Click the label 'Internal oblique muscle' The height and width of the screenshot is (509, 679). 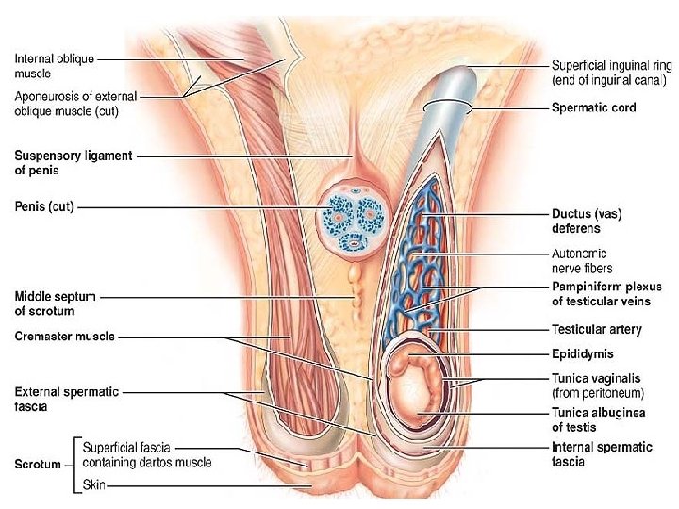(x=54, y=66)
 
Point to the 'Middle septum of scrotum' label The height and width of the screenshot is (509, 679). (x=55, y=304)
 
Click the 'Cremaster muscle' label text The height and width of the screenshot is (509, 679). (x=65, y=337)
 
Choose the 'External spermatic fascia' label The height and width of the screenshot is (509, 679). (x=67, y=399)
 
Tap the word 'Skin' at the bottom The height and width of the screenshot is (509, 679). (x=95, y=484)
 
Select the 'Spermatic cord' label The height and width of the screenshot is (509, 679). (x=593, y=108)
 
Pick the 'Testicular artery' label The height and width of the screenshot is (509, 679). (x=596, y=330)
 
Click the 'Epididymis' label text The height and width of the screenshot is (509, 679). (x=583, y=354)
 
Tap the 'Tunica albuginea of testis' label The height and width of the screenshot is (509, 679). (x=599, y=420)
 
